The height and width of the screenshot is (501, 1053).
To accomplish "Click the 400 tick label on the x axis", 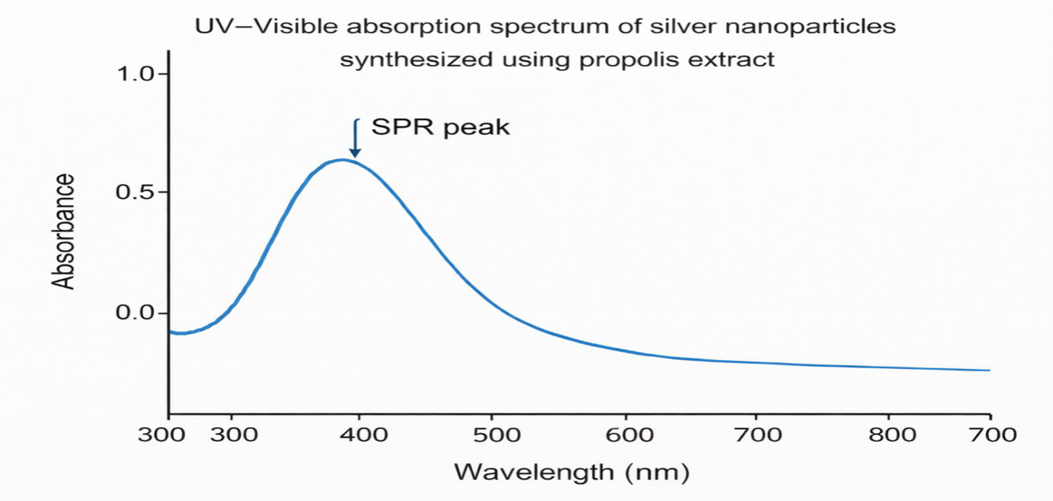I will [x=360, y=435].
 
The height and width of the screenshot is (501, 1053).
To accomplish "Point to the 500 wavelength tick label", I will [x=490, y=435].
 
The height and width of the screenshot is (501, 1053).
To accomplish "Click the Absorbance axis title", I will [x=64, y=231].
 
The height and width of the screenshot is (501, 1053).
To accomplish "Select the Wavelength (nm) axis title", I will [x=571, y=471].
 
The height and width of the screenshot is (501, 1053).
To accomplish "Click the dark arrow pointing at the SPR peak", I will [x=355, y=139].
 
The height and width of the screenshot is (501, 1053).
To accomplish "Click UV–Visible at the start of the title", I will [x=253, y=27].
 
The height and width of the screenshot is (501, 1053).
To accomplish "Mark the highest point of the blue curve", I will [x=343, y=160].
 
